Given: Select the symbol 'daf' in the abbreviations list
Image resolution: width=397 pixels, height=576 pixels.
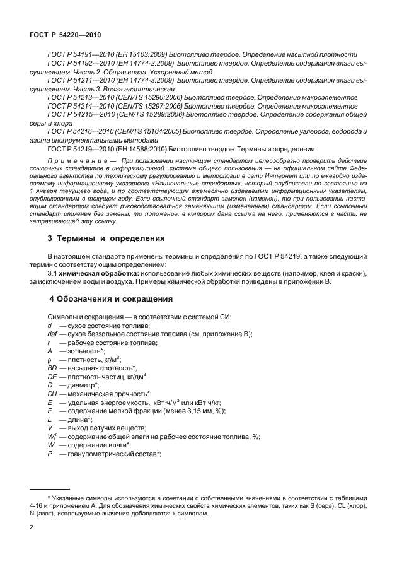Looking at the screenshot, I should pos(53,333).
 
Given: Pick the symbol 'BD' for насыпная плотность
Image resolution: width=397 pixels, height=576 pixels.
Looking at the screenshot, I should pos(52,367).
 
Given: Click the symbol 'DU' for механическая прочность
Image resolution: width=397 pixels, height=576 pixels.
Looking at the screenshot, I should pos(52,393).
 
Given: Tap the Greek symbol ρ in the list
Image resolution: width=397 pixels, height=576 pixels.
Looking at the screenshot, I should pos(49,359).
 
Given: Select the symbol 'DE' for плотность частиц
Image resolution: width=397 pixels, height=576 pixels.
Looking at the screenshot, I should pos(52,376).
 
